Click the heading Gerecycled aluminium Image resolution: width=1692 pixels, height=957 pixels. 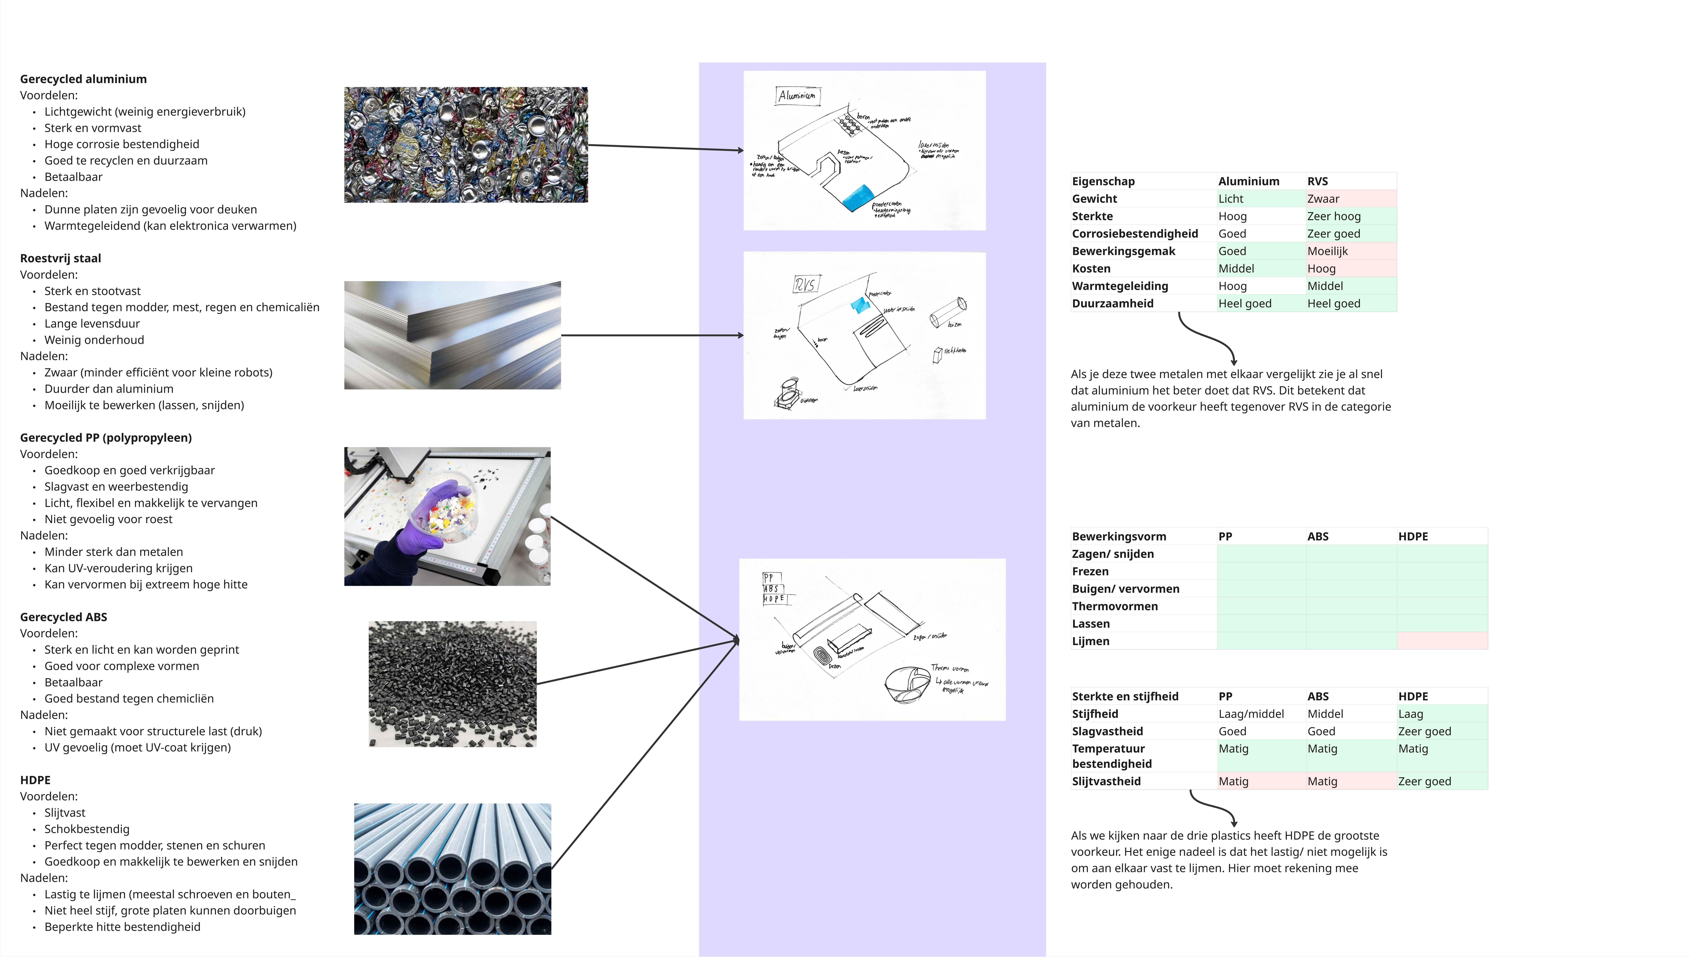[83, 79]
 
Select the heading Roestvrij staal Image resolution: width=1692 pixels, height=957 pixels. [61, 258]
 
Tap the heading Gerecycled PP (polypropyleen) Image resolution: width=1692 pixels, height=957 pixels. [106, 438]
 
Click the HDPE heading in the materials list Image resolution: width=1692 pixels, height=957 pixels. [35, 780]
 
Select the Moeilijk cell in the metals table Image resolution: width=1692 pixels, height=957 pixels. [1327, 251]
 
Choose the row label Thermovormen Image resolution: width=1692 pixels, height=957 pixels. [1115, 606]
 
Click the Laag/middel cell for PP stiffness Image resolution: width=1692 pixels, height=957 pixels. [1251, 714]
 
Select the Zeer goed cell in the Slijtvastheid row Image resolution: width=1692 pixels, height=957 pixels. [1425, 782]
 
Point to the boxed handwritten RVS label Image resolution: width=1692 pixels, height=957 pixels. [805, 285]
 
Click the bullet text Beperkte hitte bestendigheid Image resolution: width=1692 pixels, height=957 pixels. [122, 927]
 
